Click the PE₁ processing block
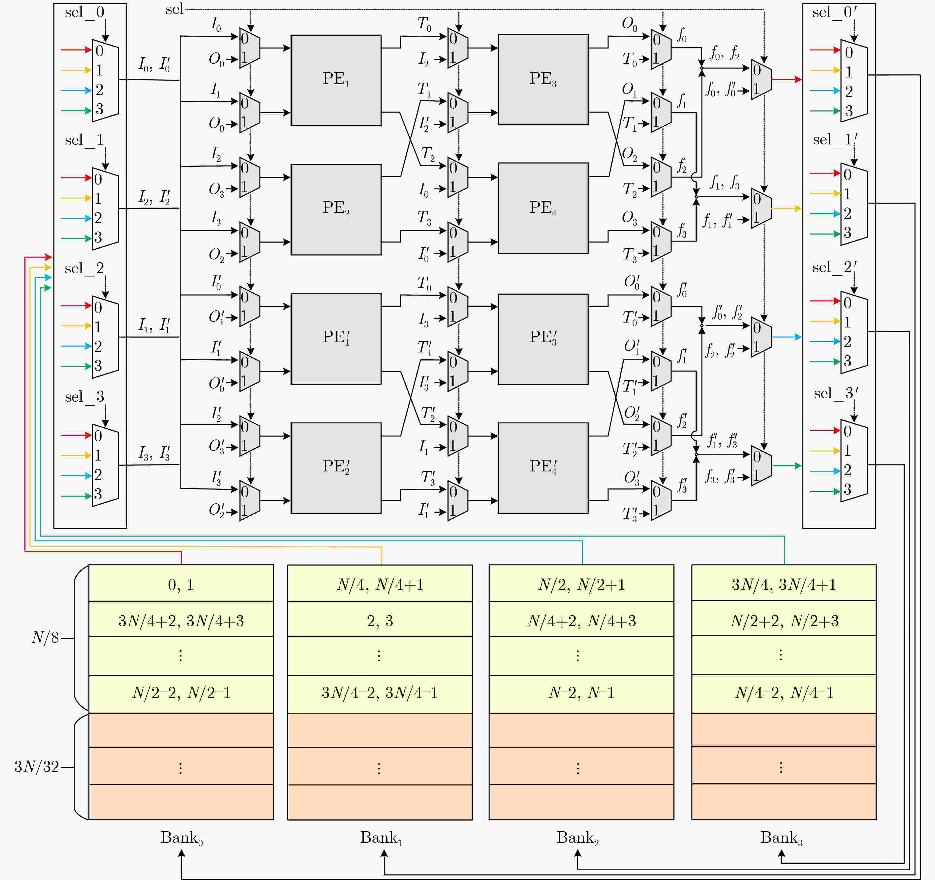[336, 80]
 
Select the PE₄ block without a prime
[543, 208]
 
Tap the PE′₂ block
[336, 467]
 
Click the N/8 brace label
[45, 638]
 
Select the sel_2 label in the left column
[85, 269]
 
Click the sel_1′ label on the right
[835, 140]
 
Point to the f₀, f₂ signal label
[724, 53]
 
